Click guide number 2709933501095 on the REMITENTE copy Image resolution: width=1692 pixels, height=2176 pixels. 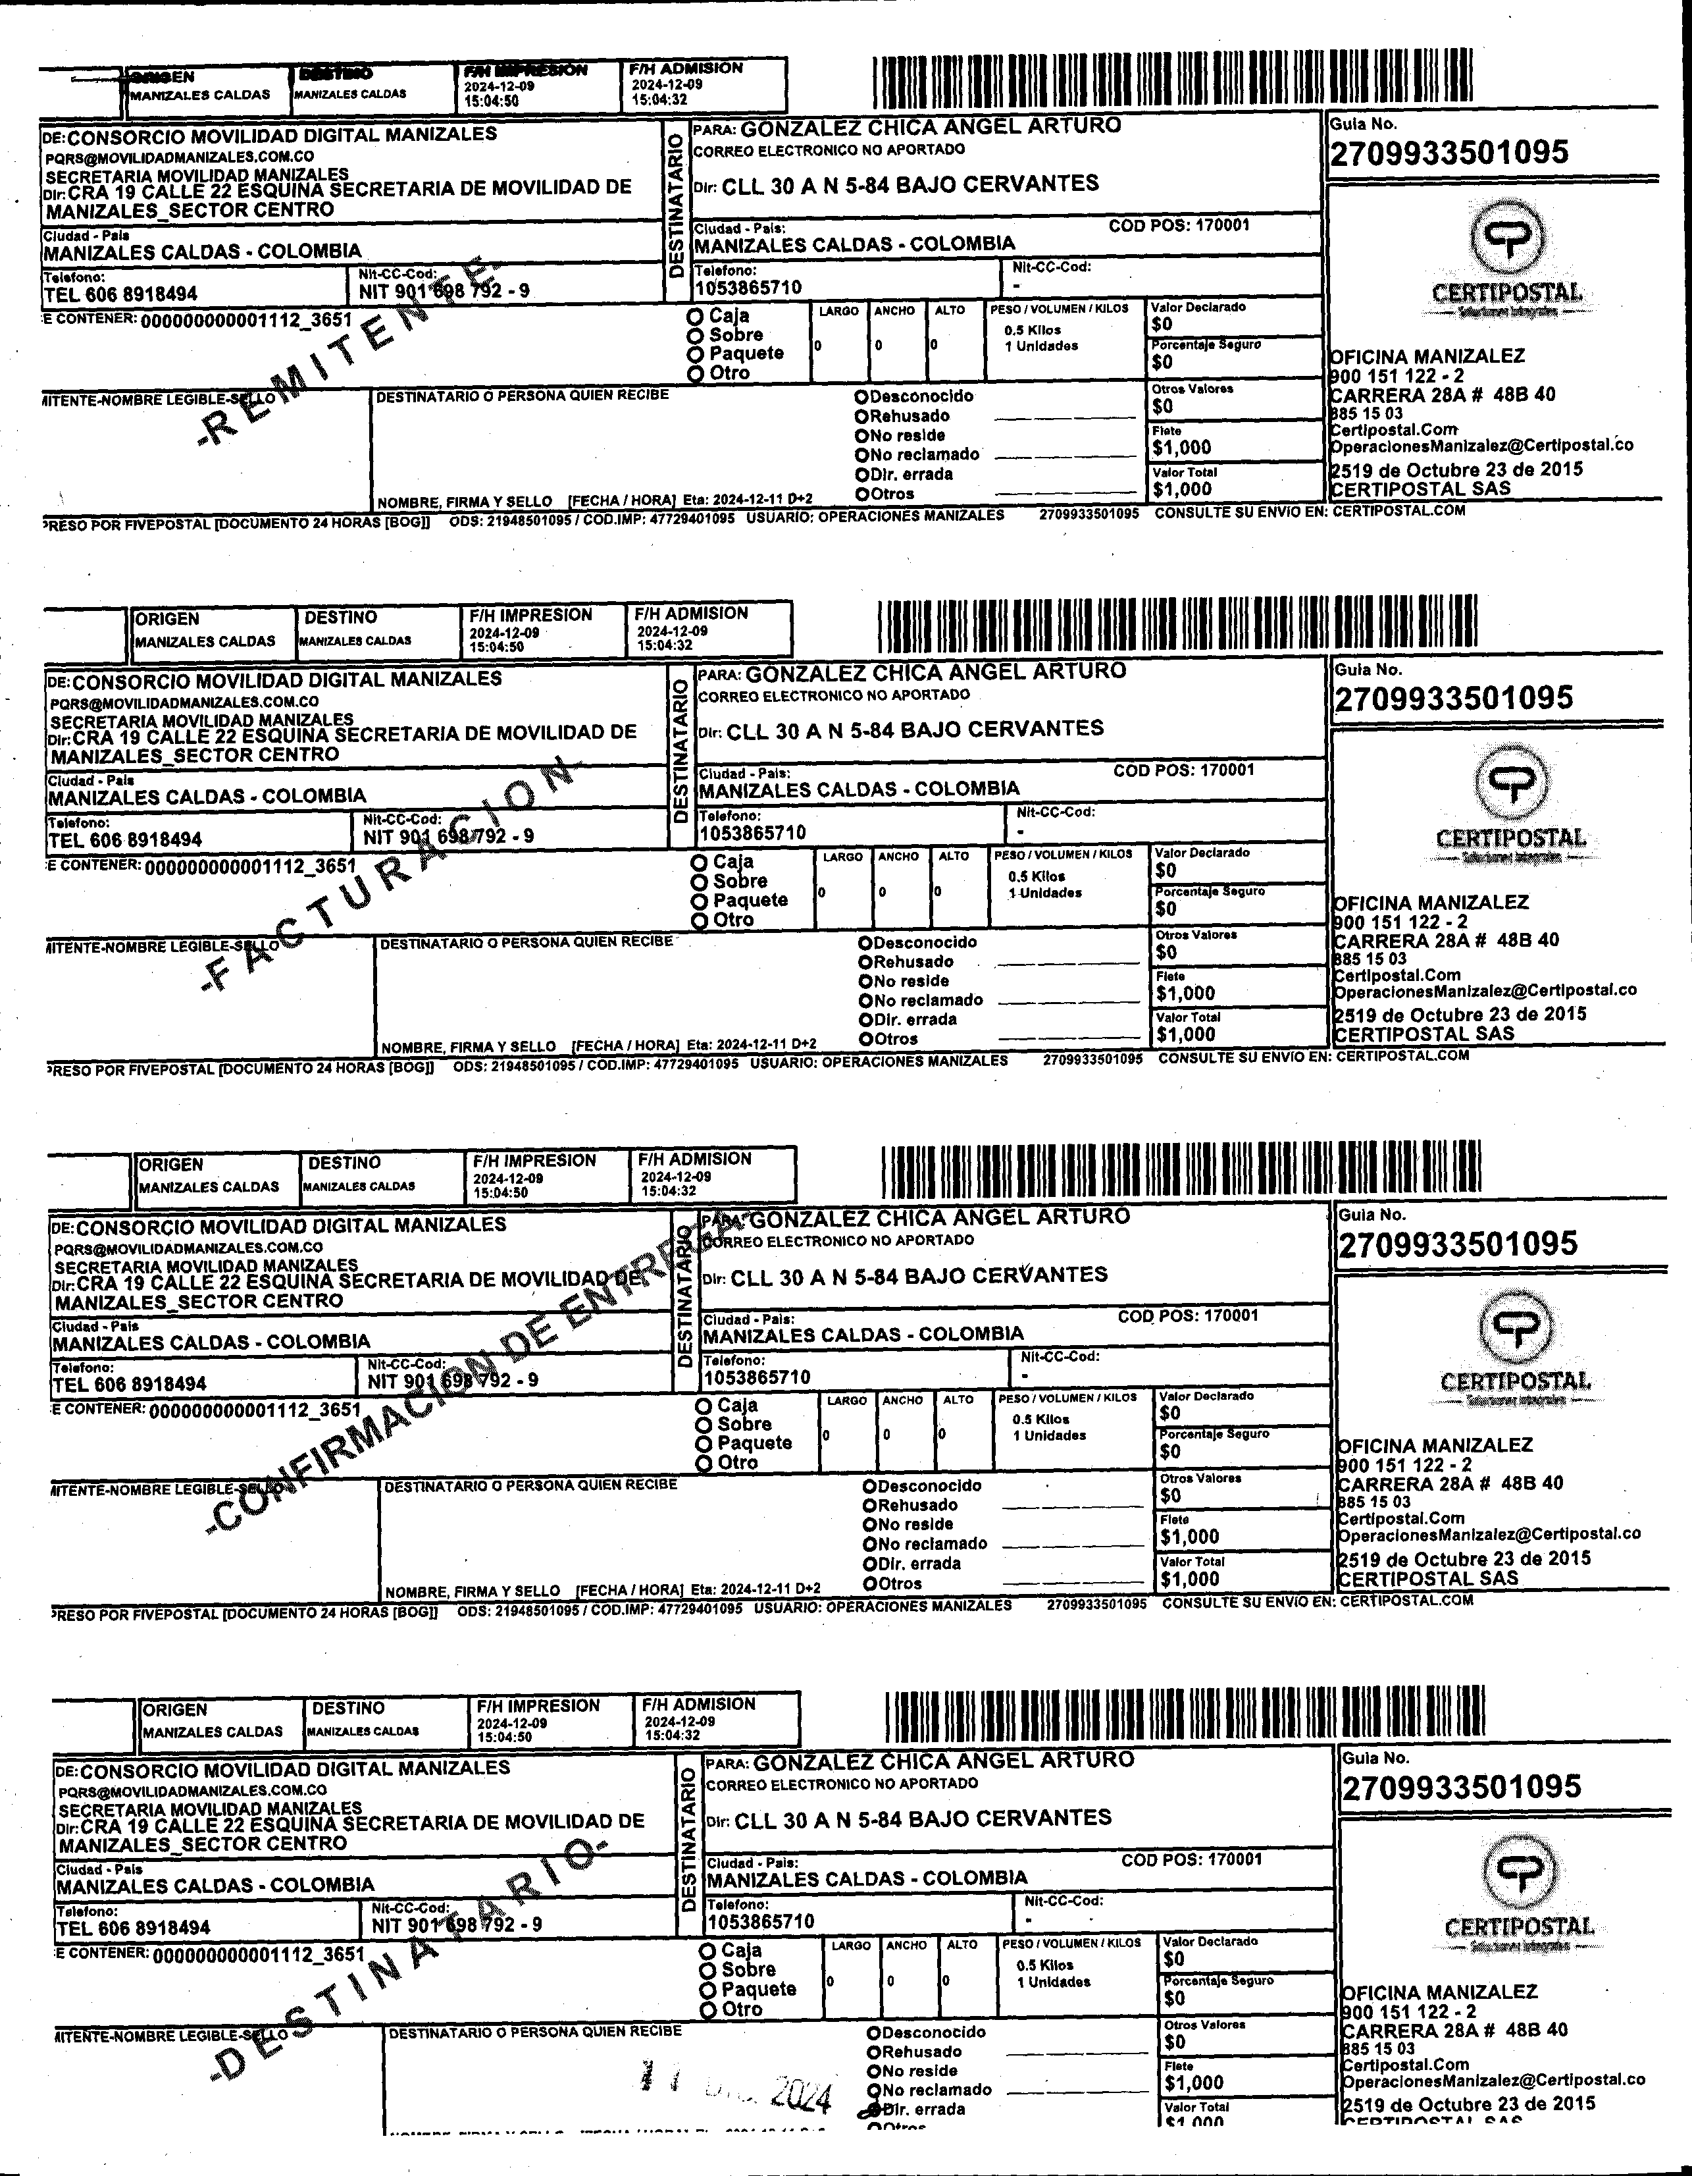1449,153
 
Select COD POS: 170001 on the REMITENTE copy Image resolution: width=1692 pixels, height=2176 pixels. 1179,225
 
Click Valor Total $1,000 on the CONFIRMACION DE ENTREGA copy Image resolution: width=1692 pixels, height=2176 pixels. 1189,1578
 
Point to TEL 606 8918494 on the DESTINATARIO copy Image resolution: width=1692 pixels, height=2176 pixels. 132,1928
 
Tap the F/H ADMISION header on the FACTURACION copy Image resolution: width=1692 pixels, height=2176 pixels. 691,614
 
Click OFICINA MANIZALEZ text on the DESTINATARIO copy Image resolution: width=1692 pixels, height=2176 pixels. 1440,1992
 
